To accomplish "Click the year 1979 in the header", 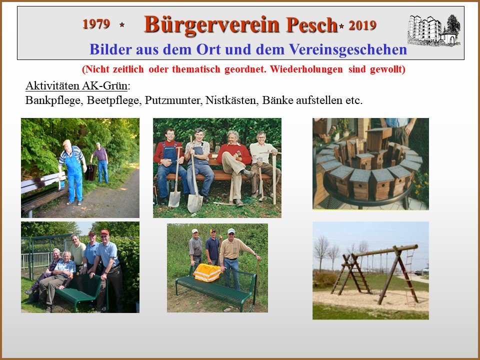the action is [x=96, y=24].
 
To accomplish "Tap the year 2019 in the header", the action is [x=362, y=25].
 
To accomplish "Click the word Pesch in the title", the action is [x=311, y=24].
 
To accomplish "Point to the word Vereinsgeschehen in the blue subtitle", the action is [x=348, y=49].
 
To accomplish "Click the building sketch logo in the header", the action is [x=434, y=30].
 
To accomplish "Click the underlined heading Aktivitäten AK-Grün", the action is [x=76, y=86].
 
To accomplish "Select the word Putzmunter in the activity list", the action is [x=172, y=100].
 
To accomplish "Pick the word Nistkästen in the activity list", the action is [x=230, y=100].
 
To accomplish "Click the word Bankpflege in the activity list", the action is [x=54, y=100].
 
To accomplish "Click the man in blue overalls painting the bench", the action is [x=72, y=172].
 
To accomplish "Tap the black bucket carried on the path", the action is [x=90, y=172].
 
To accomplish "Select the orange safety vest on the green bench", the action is [x=207, y=272].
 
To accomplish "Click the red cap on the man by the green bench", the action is [x=104, y=232].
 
